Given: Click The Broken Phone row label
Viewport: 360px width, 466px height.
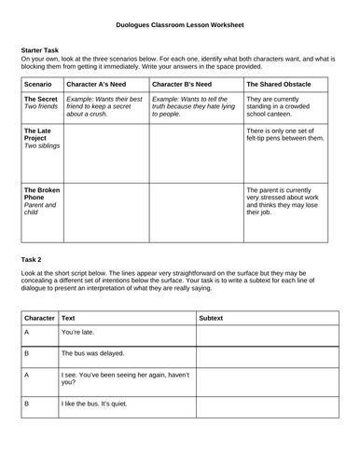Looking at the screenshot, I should (41, 199).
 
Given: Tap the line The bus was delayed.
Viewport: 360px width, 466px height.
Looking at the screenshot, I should (94, 354).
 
